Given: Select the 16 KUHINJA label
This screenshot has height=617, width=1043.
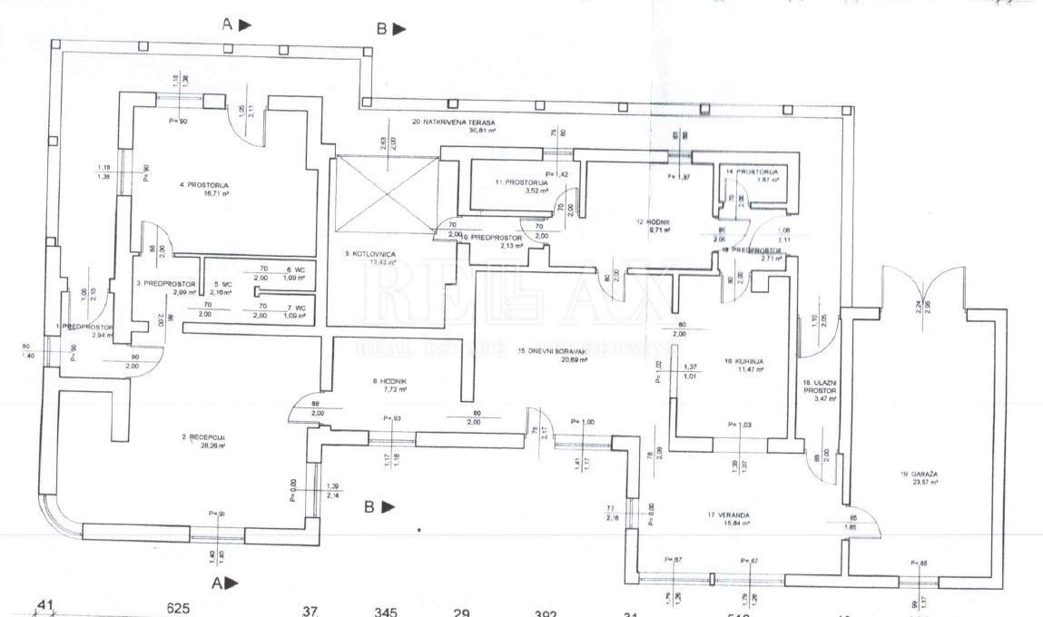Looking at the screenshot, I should [x=743, y=360].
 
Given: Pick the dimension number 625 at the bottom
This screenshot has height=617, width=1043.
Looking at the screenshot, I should [x=177, y=609].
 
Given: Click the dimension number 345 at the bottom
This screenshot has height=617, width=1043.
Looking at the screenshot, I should [x=386, y=612].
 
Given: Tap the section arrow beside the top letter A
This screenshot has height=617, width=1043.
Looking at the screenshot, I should [x=245, y=25].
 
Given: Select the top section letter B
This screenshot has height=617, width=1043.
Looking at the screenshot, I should [x=382, y=30].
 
